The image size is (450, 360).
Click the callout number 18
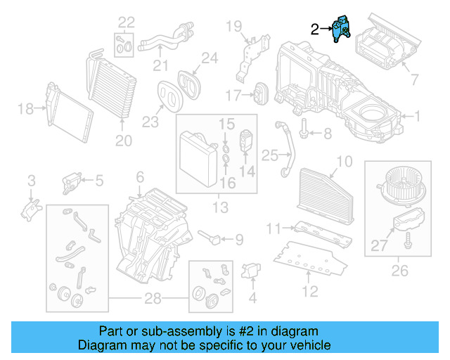[25, 108]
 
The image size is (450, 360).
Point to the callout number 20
[124, 141]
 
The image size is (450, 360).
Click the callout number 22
[126, 22]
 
